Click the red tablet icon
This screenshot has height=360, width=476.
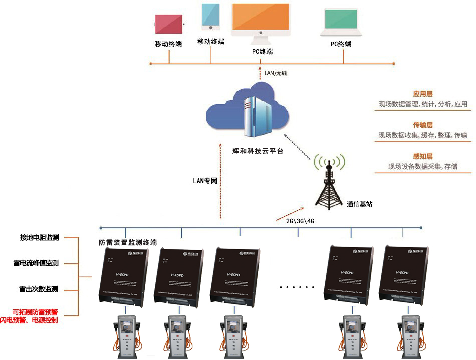pyautogui.click(x=169, y=24)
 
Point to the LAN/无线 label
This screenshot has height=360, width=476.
pyautogui.click(x=275, y=74)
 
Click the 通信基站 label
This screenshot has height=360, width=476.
pyautogui.click(x=359, y=204)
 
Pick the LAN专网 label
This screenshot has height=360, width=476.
pyautogui.click(x=205, y=181)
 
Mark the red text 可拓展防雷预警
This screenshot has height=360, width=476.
pyautogui.click(x=35, y=311)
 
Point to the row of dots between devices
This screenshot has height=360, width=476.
pyautogui.click(x=297, y=287)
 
